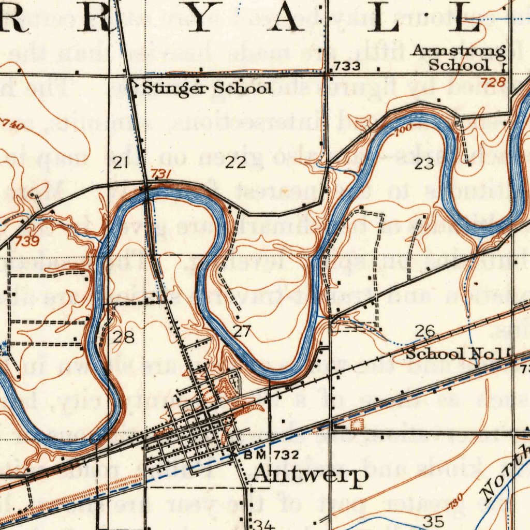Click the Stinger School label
tap(207, 88)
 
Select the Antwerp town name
tap(311, 475)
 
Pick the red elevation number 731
tap(161, 175)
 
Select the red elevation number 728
tap(490, 82)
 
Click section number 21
tap(121, 164)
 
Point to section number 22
tap(235, 164)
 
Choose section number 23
tap(424, 165)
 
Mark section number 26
tap(424, 331)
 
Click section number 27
tap(242, 332)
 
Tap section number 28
tap(124, 337)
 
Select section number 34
tap(263, 524)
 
